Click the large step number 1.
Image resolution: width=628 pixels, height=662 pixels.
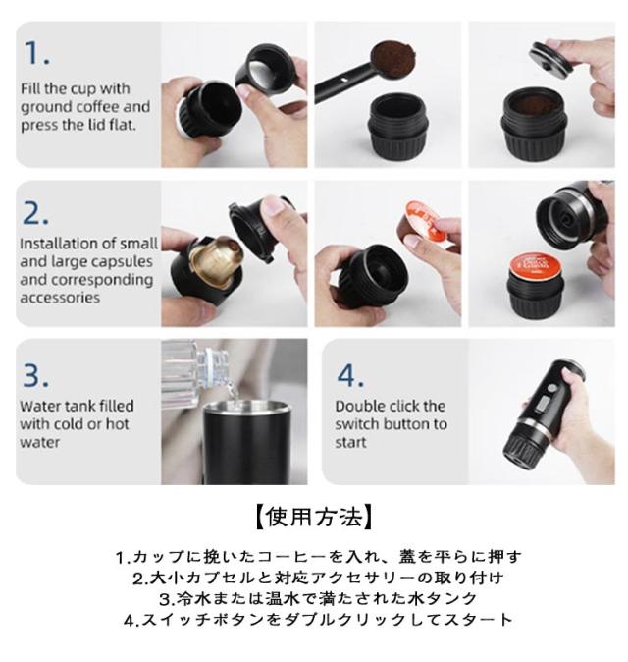pos(37,53)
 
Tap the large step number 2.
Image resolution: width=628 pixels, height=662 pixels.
pos(35,212)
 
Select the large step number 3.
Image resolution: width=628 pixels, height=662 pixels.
pos(35,375)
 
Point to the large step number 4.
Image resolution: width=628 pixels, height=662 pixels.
pos(350,375)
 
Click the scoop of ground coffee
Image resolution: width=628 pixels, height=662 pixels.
pos(393,59)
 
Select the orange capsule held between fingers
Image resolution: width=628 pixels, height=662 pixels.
pos(419,224)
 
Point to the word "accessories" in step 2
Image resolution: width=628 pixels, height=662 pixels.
pos(60,298)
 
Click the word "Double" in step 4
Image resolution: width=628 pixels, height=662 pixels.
pos(357,407)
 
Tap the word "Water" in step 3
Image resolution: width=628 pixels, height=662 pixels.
pos(41,407)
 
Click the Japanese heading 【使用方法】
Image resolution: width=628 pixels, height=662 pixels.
pos(314,517)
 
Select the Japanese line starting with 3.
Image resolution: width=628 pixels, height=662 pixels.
pos(319,599)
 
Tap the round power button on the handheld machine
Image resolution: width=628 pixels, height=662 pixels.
pos(550,389)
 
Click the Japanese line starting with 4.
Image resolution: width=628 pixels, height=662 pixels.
pos(319,620)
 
